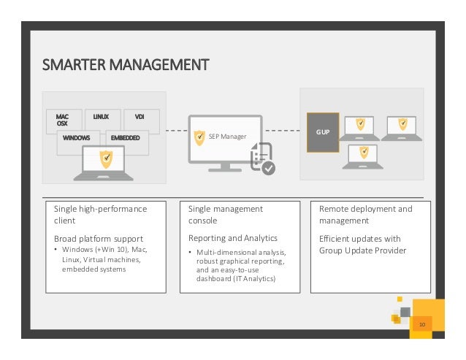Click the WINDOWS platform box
pyautogui.click(x=76, y=138)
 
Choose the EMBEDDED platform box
pyautogui.click(x=125, y=138)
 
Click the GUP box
pyautogui.click(x=322, y=132)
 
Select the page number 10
pyautogui.click(x=421, y=323)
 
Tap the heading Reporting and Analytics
pyautogui.click(x=233, y=239)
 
